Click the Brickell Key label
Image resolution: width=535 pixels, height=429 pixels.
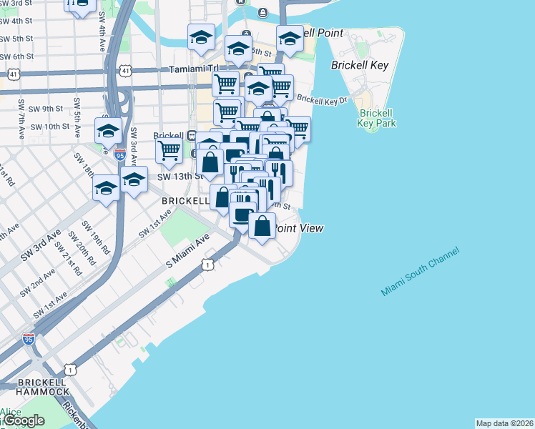360,65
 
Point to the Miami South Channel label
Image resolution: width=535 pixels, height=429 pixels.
420,272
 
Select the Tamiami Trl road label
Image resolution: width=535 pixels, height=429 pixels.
192,70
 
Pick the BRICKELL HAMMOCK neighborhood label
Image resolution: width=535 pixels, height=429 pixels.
34,386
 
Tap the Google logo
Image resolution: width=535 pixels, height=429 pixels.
24,420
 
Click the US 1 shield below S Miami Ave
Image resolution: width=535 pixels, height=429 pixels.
207,265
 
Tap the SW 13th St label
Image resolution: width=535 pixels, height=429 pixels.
175,177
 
